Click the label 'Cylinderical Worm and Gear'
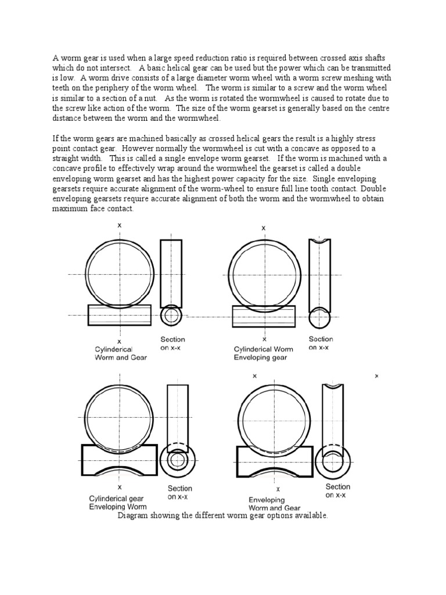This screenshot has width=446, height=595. (120, 353)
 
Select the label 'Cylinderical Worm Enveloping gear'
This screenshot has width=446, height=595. (262, 353)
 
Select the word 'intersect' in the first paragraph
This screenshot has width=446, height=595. (130, 67)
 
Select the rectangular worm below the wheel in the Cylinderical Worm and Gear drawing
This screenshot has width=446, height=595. (120, 315)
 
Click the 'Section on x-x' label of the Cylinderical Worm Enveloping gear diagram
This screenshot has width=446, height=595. (321, 343)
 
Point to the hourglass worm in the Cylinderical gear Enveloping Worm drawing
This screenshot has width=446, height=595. (120, 460)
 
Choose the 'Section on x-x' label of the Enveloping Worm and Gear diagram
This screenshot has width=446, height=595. (337, 490)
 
